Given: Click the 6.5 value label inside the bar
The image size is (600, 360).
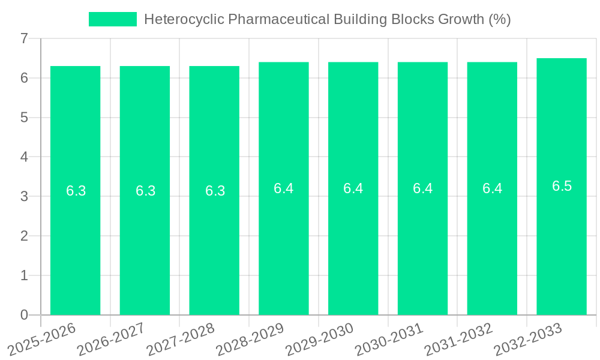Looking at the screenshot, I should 562,186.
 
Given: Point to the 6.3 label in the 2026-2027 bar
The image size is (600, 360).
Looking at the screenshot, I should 145,191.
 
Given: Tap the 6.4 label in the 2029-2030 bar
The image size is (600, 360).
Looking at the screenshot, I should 353,188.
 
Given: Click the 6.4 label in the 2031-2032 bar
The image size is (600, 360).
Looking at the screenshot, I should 492,188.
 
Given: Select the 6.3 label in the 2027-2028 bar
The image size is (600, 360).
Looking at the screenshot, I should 215,191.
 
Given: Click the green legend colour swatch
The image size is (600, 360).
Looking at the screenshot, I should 113,19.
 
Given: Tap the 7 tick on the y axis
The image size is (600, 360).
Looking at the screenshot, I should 24,38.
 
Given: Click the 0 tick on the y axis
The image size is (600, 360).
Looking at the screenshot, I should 24,315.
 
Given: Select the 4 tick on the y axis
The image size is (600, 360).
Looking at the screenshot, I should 24,157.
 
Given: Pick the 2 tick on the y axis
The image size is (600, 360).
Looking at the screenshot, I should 24,236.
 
